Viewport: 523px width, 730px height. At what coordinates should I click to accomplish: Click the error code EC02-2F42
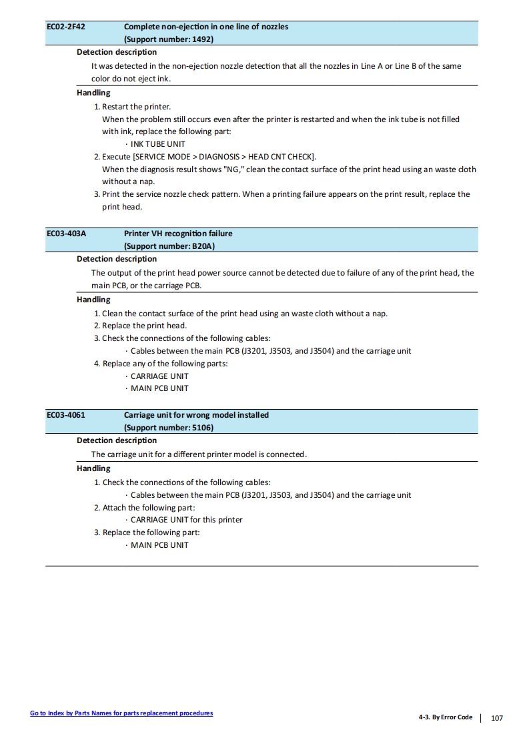coord(65,27)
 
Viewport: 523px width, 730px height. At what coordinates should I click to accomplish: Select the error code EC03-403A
coord(66,234)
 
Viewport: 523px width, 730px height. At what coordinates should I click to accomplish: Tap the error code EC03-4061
coord(65,416)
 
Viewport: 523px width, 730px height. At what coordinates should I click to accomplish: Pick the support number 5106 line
coord(169,428)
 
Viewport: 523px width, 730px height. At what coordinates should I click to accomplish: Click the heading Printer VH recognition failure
coord(178,234)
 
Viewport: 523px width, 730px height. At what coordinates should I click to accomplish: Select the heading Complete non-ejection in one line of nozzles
coord(206,27)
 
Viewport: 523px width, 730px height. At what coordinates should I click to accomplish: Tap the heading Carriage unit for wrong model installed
coord(196,416)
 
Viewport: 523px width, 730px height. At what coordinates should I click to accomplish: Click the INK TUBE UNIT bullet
coord(157,144)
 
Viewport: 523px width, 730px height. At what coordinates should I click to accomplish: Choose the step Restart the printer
coord(137,107)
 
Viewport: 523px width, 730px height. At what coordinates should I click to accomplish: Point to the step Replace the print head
coord(144,326)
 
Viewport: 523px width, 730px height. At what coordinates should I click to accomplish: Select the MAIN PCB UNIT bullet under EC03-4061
coord(159,545)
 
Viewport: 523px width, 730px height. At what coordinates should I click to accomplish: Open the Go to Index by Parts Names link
coord(121,713)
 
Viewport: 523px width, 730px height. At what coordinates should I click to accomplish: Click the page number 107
coord(496,718)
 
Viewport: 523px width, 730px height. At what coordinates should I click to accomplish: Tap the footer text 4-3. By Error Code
coord(445,718)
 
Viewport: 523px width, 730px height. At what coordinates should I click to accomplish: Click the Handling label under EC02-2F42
coord(93,93)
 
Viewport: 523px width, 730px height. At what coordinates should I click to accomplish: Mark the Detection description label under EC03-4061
coord(117,440)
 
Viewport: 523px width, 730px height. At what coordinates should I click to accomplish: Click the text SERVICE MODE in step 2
coord(161,157)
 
